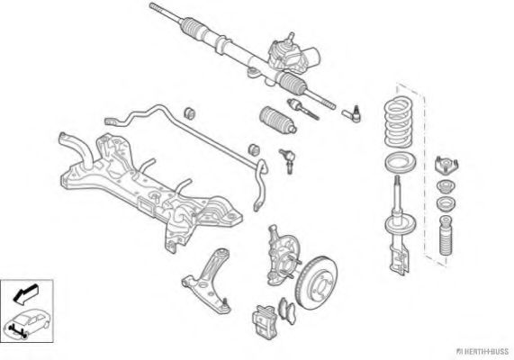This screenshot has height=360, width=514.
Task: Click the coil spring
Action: click(398, 122)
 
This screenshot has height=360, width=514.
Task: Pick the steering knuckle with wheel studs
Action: click(282, 256)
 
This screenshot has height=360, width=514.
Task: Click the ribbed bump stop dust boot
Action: click(446, 236)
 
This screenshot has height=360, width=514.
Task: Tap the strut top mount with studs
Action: click(446, 166)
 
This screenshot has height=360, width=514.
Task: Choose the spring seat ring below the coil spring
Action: click(400, 162)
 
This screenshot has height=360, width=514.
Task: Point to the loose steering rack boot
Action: click(278, 120)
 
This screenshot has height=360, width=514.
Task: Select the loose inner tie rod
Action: click(303, 109)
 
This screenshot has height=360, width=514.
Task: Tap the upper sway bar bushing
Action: click(189, 112)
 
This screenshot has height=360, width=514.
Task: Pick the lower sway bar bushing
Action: click(254, 149)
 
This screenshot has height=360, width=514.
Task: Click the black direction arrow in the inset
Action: click(25, 293)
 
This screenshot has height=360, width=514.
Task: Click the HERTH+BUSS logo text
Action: click(482, 352)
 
